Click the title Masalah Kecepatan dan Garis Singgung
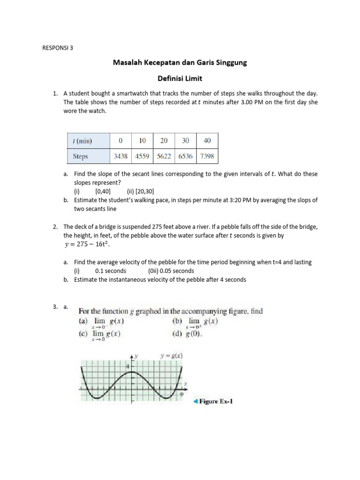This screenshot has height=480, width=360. click(x=180, y=62)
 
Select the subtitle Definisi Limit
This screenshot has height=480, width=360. click(x=180, y=80)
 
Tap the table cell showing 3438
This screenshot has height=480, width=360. click(x=121, y=156)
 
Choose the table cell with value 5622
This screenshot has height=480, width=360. click(x=164, y=156)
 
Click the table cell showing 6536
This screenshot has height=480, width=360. click(x=185, y=156)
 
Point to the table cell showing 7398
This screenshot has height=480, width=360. click(x=206, y=156)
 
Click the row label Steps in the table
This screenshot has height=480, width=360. click(x=81, y=156)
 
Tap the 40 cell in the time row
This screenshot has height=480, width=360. click(x=206, y=141)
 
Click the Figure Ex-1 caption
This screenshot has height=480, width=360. click(x=216, y=401)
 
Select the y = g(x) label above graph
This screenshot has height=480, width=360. click(x=171, y=356)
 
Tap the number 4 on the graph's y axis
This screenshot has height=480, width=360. click(x=128, y=366)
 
